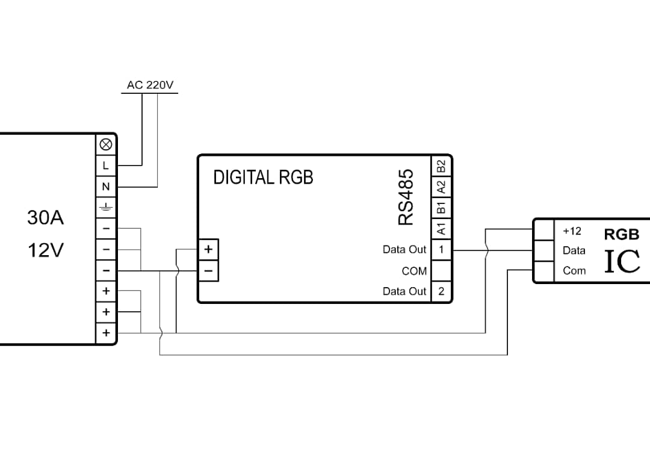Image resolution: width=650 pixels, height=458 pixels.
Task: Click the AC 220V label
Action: (150, 85)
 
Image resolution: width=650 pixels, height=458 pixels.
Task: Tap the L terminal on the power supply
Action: (106, 166)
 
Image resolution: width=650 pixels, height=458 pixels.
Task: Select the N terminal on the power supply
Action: (106, 187)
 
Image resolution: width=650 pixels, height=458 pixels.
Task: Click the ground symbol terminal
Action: (106, 207)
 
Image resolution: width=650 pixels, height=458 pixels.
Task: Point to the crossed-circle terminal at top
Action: (106, 144)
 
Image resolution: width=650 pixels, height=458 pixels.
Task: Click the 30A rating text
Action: (46, 217)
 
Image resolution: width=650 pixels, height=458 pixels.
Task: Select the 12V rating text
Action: (46, 250)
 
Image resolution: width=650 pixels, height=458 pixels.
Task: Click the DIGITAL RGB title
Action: (263, 178)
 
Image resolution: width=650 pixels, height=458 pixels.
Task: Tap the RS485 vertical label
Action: (406, 197)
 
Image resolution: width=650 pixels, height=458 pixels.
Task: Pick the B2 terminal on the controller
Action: (442, 166)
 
